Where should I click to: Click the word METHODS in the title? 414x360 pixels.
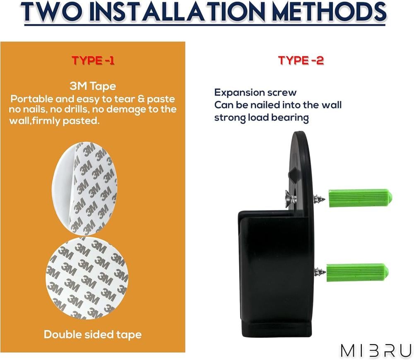point(329,12)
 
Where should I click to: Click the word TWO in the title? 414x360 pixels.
point(52,12)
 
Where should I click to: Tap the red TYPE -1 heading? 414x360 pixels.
point(93,60)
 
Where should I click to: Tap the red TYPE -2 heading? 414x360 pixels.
point(301,60)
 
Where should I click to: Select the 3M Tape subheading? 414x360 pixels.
point(93,86)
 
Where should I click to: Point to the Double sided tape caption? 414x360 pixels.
point(93,335)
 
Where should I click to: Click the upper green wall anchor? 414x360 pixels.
point(360,198)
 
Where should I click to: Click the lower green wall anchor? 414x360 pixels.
point(358,272)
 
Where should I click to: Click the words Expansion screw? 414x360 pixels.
point(255,93)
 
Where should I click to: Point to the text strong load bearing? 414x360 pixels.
point(261,118)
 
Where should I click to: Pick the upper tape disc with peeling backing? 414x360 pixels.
point(84,188)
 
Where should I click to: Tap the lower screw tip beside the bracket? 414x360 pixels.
point(320,272)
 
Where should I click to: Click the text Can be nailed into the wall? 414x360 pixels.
point(278,105)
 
